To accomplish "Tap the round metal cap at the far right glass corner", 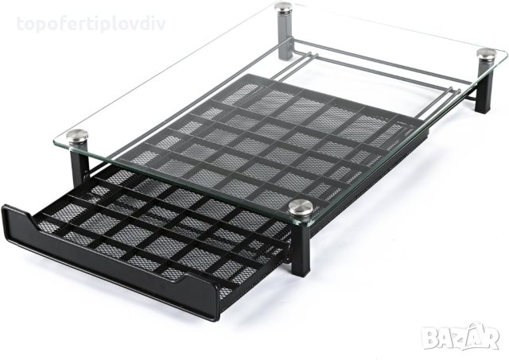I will click(x=486, y=55).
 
